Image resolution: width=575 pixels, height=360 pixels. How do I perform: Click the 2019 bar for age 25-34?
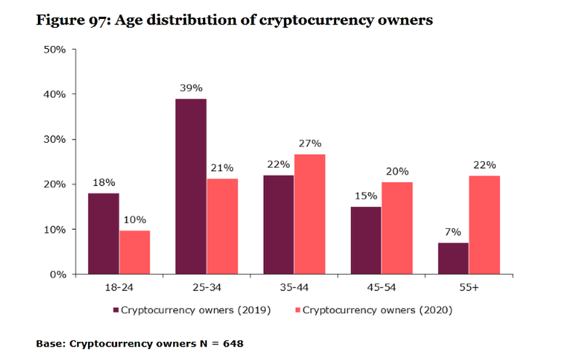(191, 186)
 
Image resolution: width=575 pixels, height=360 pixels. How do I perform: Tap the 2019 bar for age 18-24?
(103, 233)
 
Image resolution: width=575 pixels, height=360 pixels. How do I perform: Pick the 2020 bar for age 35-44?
(310, 214)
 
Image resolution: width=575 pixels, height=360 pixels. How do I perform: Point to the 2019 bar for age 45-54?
(366, 240)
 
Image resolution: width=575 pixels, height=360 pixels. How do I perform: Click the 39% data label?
(191, 88)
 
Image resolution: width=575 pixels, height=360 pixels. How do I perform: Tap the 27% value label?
(310, 143)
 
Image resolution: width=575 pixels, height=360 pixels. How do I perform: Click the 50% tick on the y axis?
(54, 49)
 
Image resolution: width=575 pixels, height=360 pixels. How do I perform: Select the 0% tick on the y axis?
(57, 275)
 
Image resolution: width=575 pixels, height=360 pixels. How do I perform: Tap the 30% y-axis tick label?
(54, 139)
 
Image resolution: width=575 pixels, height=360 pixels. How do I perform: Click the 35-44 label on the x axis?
(294, 288)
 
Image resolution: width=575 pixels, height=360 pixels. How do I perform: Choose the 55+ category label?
(469, 288)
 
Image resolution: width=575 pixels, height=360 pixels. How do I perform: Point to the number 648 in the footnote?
(231, 344)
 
